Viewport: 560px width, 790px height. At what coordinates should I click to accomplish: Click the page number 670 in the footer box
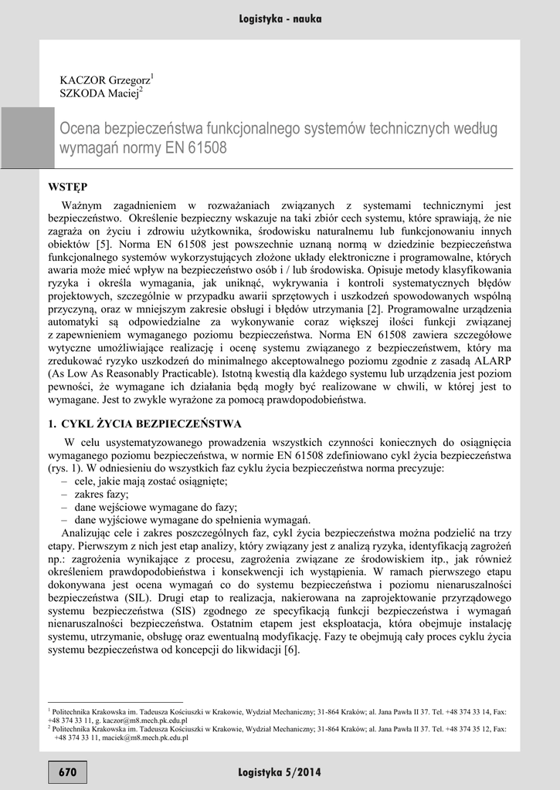67,771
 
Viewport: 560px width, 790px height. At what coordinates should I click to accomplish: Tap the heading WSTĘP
67,187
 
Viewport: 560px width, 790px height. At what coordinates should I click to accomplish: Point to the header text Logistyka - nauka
280,19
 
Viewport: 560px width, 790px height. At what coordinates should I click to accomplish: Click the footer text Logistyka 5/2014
280,771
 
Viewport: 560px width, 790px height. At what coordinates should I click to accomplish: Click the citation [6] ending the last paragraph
290,650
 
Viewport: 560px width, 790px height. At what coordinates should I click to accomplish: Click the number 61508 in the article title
211,147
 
